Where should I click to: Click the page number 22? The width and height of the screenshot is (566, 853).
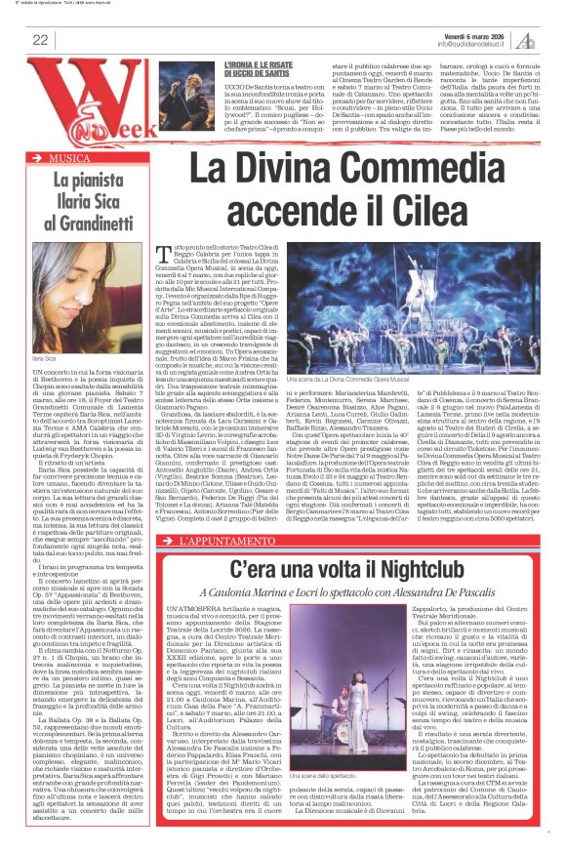tap(40, 40)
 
